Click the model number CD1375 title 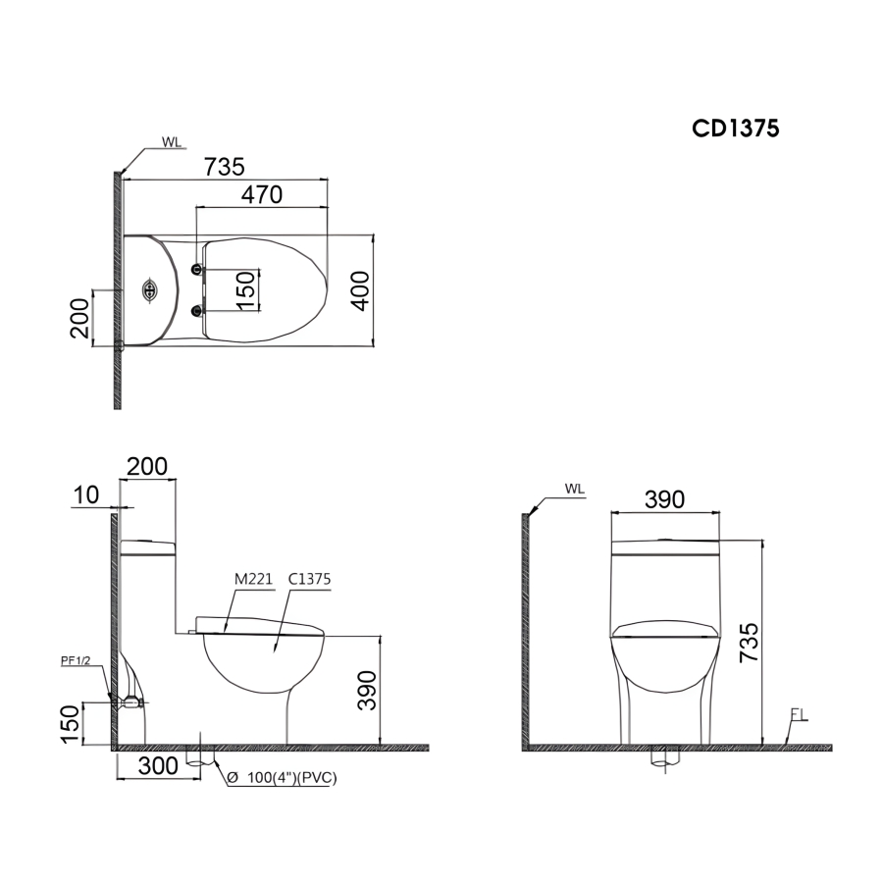point(736,129)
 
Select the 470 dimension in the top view point(262,195)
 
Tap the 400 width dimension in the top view point(360,290)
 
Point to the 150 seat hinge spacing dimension point(246,290)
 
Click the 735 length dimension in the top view point(224,167)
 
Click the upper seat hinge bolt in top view point(196,270)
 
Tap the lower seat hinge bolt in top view point(196,310)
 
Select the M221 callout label point(253,580)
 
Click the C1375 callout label point(309,580)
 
